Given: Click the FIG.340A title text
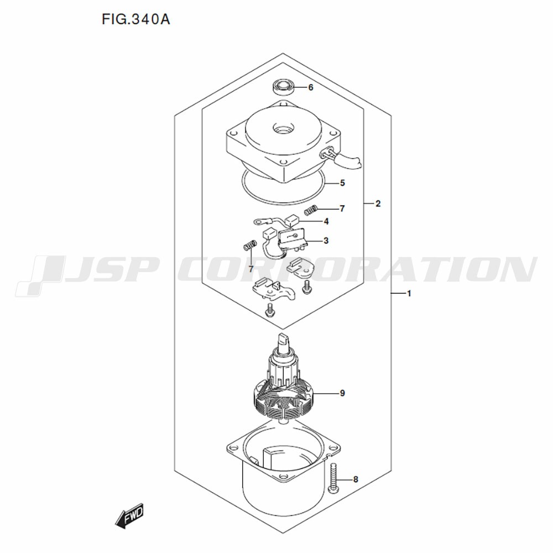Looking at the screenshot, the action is point(136,19).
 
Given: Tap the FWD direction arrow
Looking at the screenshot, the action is point(129,516).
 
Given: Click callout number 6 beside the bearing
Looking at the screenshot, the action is point(311,87).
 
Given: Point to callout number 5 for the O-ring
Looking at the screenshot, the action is point(342,183).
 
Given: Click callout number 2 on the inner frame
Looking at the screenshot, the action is point(378,204).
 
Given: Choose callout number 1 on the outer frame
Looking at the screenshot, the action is point(409,294).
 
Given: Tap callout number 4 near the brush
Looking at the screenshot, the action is point(326,222).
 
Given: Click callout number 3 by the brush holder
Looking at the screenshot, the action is point(326,241).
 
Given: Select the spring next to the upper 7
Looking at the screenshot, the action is point(311,210).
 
